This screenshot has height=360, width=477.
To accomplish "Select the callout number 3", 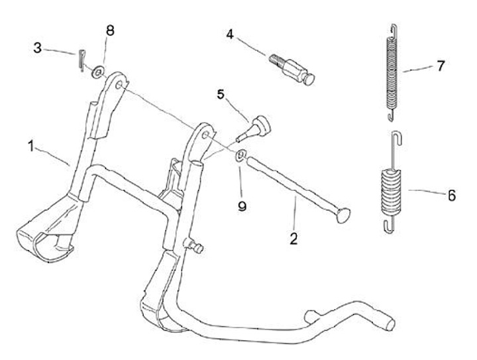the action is click(x=38, y=48).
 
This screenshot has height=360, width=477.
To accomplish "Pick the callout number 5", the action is click(x=221, y=94).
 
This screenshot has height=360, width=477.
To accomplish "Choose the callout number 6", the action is click(x=451, y=196).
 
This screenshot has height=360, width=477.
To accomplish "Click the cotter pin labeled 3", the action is click(x=79, y=58).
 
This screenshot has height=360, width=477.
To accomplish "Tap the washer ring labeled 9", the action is click(x=240, y=156).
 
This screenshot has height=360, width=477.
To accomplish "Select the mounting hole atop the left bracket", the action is click(x=119, y=84).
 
